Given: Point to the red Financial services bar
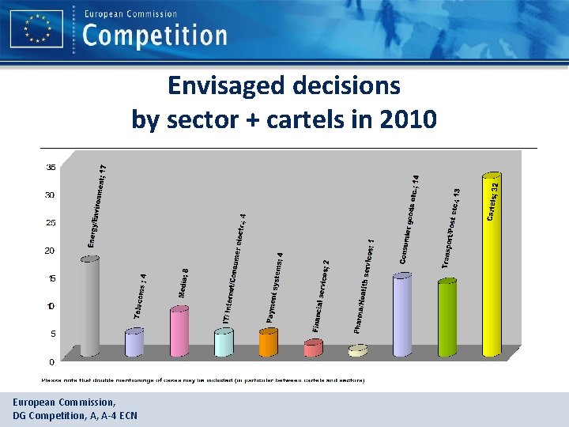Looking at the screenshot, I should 313,347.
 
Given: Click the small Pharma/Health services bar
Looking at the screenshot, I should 358,350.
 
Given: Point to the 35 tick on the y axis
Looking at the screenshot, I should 51,168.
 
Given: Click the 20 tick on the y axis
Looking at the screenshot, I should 51,251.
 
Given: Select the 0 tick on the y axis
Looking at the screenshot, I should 52,362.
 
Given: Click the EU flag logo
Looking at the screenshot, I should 37,29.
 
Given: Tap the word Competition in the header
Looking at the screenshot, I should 154,35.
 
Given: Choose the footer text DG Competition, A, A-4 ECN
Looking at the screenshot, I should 74,414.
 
